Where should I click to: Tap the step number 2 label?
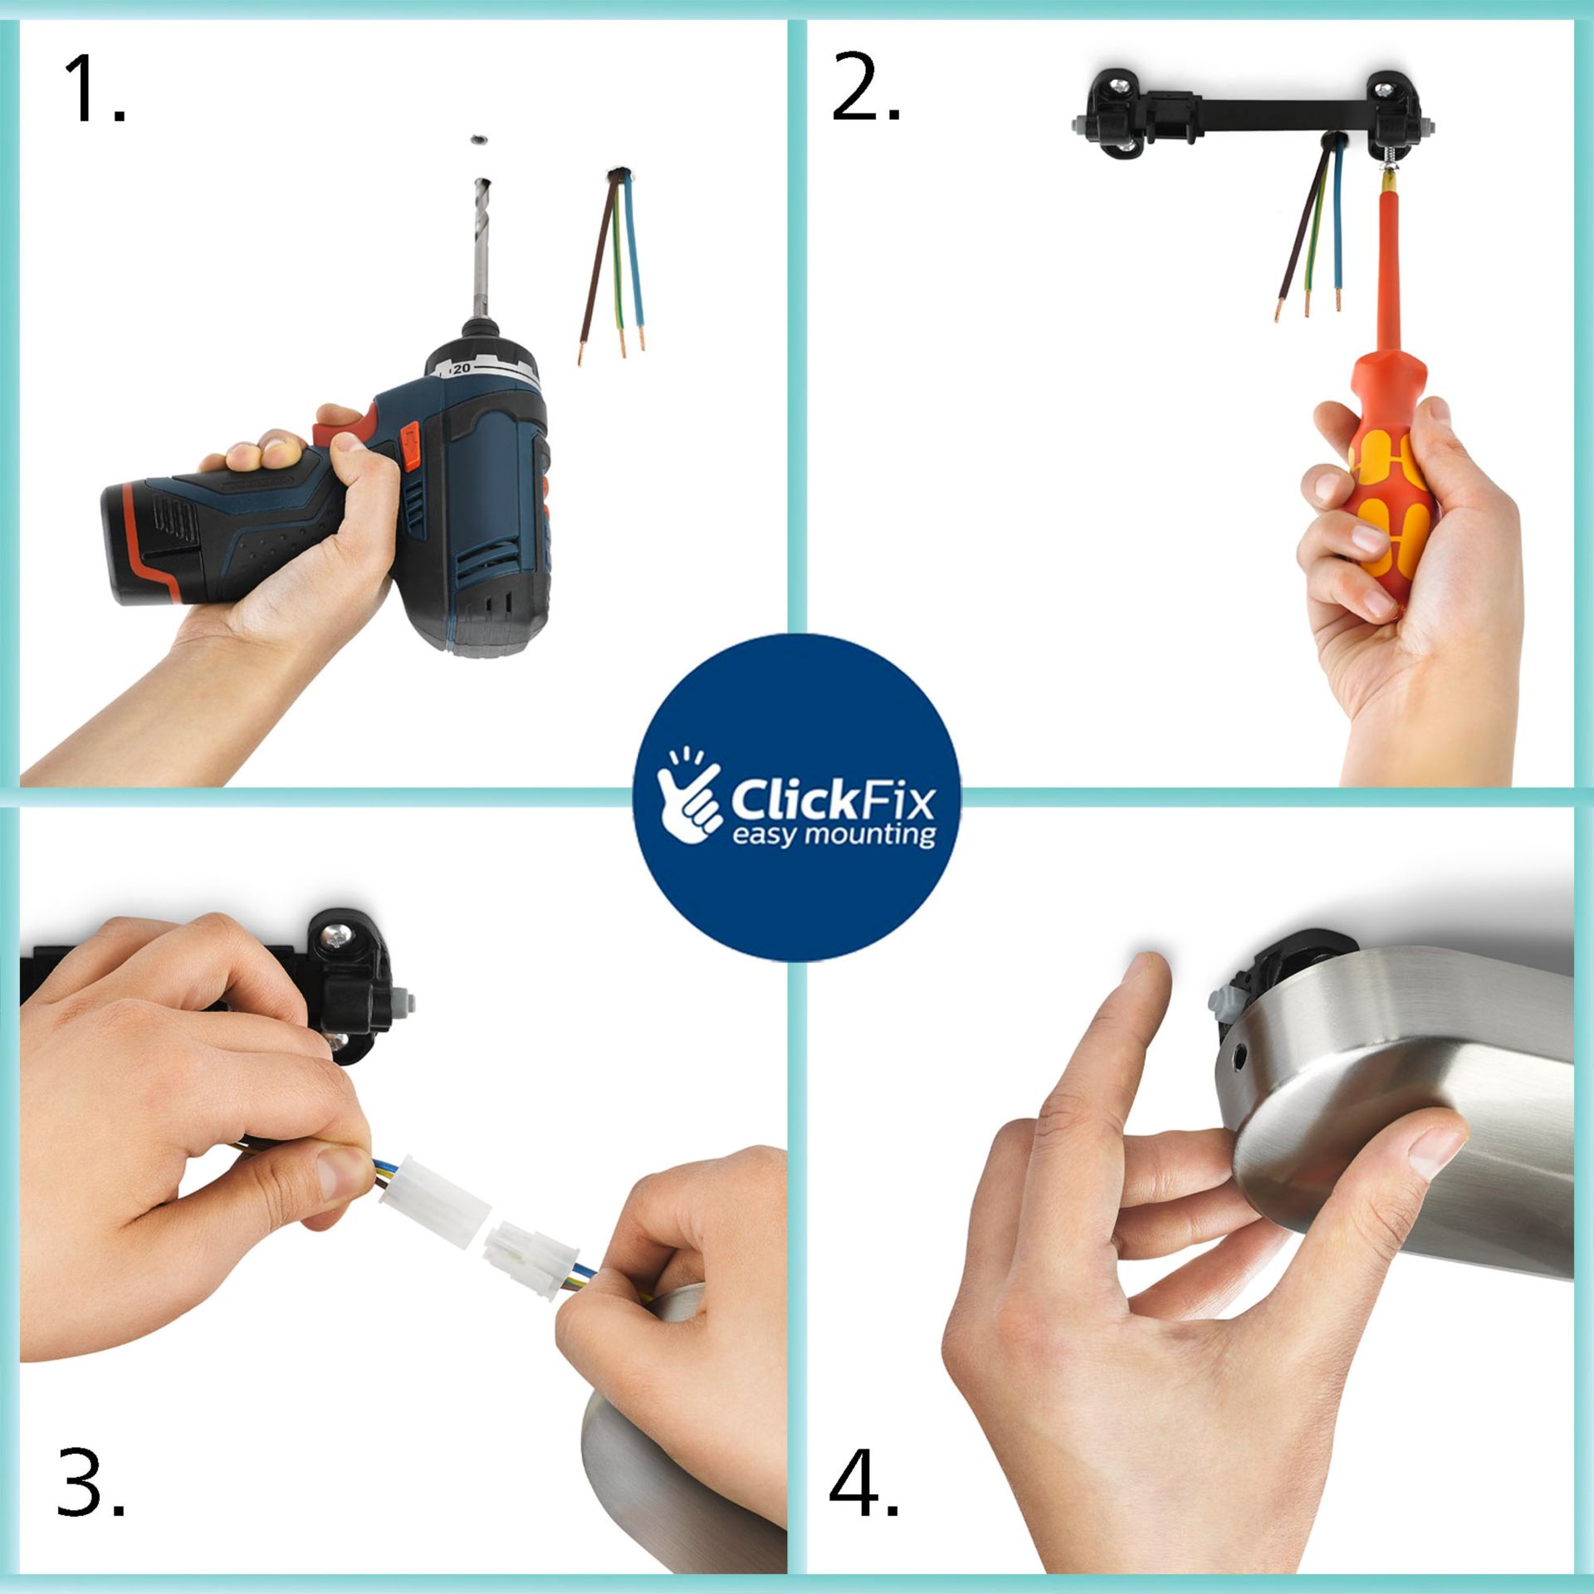coord(865,88)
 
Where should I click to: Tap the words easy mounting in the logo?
coord(834,834)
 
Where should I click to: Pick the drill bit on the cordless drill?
coord(480,249)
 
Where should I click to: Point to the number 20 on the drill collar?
coord(462,368)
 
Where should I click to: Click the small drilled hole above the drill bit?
coord(479,141)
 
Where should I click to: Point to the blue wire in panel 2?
coord(1336,224)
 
